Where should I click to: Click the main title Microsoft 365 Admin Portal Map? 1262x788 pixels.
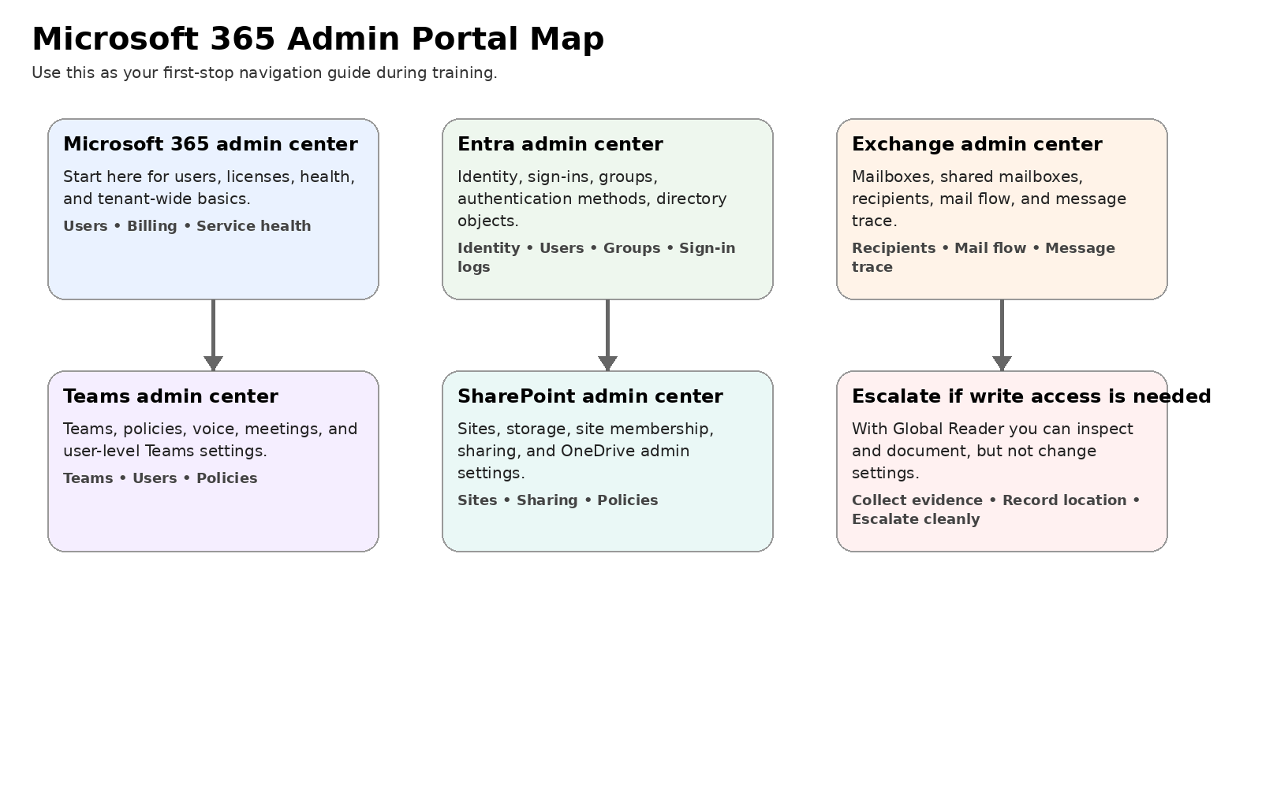pyautogui.click(x=318, y=39)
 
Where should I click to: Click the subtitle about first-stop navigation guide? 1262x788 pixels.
pyautogui.click(x=264, y=73)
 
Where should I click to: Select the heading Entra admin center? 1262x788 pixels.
pyautogui.click(x=560, y=144)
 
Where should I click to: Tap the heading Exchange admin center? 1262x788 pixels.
pyautogui.click(x=976, y=144)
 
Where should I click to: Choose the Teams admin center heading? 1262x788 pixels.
pyautogui.click(x=170, y=396)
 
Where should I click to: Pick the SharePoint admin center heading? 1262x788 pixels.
pyautogui.click(x=590, y=396)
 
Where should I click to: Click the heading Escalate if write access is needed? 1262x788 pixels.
pyautogui.click(x=1031, y=396)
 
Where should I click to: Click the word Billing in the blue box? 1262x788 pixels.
pyautogui.click(x=152, y=226)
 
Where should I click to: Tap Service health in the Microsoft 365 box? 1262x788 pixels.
pyautogui.click(x=253, y=226)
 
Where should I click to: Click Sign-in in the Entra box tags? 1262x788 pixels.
pyautogui.click(x=707, y=248)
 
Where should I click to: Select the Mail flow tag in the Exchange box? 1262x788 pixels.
pyautogui.click(x=990, y=248)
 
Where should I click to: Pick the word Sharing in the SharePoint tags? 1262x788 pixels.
pyautogui.click(x=547, y=500)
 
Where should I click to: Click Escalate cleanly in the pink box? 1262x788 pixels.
pyautogui.click(x=916, y=519)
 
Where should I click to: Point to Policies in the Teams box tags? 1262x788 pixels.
pyautogui.click(x=226, y=478)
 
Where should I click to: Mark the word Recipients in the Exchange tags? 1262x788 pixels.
pyautogui.click(x=893, y=248)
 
